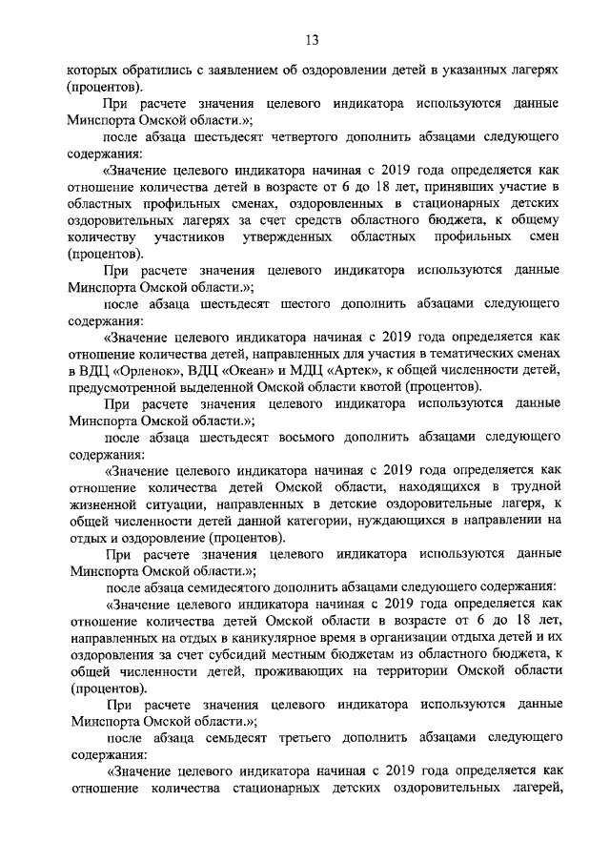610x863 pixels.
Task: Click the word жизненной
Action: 105,504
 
